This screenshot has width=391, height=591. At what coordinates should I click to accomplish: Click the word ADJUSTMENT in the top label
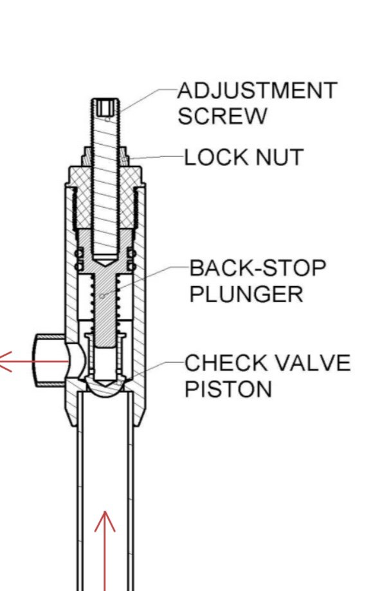[257, 91]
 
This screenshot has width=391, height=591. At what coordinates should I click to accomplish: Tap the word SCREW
[222, 116]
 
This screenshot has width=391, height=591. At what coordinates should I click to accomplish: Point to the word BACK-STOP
[257, 268]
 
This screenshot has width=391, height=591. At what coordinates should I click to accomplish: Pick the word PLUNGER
[246, 294]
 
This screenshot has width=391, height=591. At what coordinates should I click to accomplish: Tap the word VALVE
[311, 363]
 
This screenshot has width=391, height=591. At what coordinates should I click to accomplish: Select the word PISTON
[228, 388]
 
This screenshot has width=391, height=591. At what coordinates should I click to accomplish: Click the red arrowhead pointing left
[5, 362]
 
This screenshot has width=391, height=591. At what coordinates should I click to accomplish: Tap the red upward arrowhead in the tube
[105, 521]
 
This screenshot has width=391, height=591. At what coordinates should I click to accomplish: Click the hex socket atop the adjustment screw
[105, 107]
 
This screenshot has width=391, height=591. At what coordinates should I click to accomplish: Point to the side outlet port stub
[51, 361]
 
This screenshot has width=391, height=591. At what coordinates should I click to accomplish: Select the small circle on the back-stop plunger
[102, 296]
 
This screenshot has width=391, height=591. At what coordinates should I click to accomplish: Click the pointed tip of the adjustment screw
[105, 264]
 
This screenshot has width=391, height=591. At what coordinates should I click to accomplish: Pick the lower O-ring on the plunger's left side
[79, 266]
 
